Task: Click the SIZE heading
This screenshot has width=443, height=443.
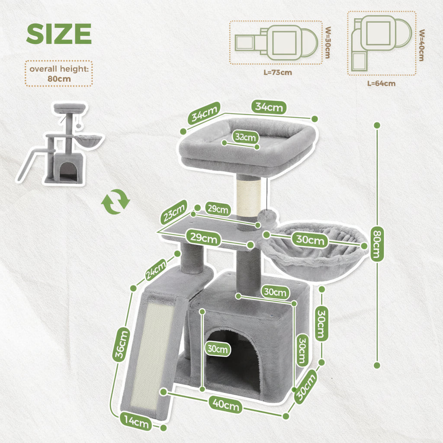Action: pos(59,33)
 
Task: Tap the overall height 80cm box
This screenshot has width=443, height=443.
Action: pos(59,74)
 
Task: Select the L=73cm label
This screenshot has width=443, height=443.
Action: pos(278,72)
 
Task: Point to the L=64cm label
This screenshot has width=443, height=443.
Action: pos(381,83)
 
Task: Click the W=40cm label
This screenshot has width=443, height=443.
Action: pos(421,45)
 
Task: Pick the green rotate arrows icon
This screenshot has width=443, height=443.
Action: pos(116,202)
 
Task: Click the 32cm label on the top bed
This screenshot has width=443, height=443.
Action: pos(245,138)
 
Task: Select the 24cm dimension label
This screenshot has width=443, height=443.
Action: pos(156,270)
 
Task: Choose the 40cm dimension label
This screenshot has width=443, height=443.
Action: pos(225,405)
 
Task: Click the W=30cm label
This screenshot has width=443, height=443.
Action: pos(328,43)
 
